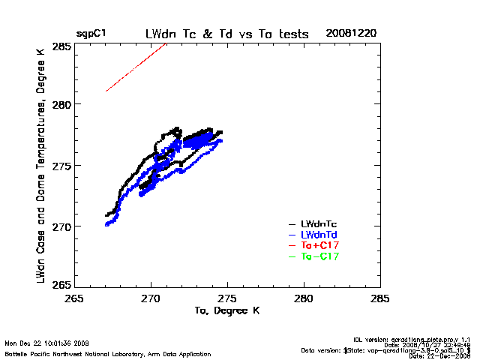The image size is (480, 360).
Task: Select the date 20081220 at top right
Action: click(351, 34)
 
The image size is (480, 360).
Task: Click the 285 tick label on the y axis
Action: click(62, 46)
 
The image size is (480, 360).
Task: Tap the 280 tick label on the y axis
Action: click(62, 103)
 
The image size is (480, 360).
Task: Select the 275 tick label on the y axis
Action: click(62, 165)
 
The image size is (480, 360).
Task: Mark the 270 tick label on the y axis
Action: click(62, 226)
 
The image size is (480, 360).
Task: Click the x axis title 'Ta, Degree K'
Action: click(226, 310)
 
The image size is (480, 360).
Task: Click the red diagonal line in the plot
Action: click(135, 68)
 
